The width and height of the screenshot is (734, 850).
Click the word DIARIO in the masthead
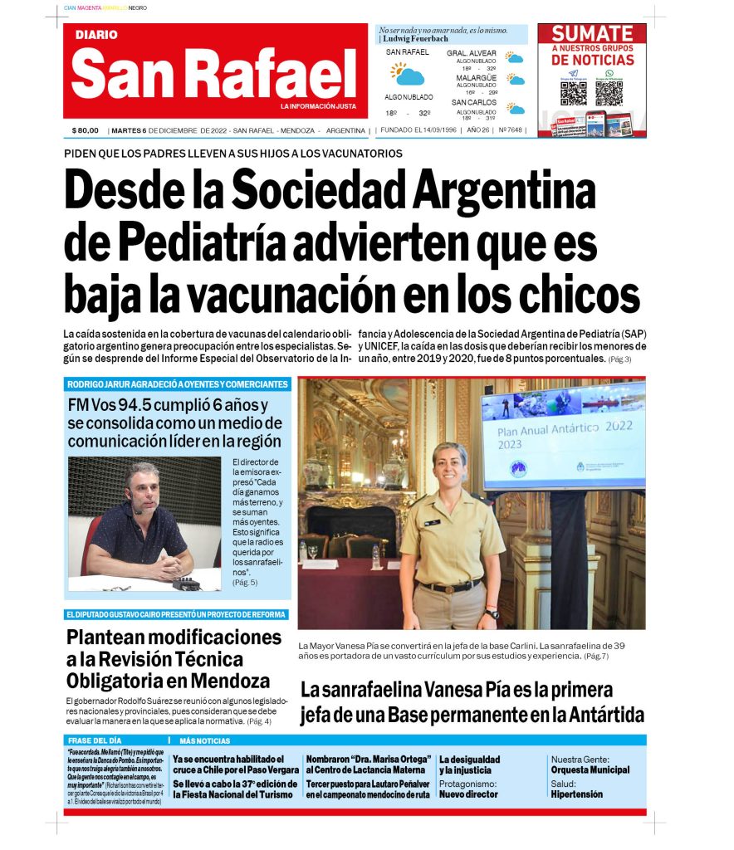pos(96,35)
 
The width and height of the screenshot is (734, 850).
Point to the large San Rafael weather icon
pos(408,74)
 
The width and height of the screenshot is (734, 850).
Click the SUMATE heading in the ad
pos(592,34)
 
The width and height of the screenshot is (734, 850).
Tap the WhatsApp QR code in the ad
pos(609,92)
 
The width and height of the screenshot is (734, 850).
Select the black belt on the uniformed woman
pos(449,586)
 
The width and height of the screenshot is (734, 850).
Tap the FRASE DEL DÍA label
pos(95,740)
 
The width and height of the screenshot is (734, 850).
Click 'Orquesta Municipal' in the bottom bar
pos(590,770)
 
